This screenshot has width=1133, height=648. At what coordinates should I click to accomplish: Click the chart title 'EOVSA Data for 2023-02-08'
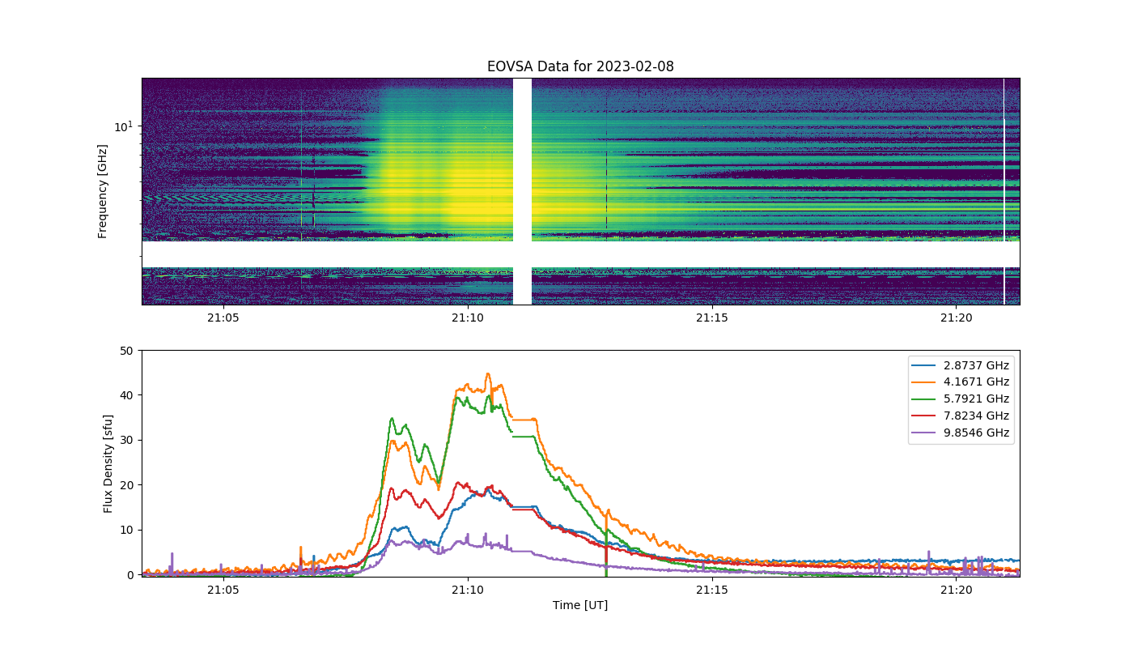coord(580,66)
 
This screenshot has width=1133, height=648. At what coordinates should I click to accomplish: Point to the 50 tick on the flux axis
coord(126,351)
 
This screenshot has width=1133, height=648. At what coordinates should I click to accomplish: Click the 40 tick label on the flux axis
coord(126,395)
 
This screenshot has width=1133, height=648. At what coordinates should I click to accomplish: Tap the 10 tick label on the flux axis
coord(126,530)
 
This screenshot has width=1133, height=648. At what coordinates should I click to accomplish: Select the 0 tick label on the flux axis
coord(130,575)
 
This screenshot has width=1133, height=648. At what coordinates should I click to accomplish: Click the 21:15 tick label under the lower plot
coord(711,590)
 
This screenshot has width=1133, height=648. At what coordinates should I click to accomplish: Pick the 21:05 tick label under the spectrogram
coord(223,318)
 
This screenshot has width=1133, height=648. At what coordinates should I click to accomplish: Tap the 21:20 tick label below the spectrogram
coord(956,318)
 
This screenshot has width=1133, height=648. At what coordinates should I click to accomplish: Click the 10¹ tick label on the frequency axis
coord(123,126)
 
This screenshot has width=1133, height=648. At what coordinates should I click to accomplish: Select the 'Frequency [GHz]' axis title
coord(102,191)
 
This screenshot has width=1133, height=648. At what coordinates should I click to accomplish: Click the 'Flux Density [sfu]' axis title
coord(108,463)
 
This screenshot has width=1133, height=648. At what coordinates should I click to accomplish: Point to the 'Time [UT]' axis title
coord(580,605)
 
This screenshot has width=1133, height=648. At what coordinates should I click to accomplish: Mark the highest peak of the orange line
coord(488,374)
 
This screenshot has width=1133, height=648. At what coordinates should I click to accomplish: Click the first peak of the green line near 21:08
coord(392,419)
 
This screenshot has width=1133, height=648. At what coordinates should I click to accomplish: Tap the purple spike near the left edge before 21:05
coord(172,554)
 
